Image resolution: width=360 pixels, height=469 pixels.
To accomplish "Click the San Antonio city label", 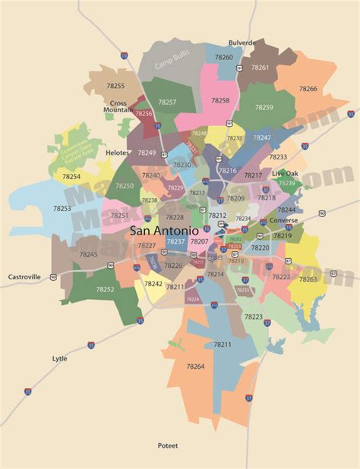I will pos(164,230).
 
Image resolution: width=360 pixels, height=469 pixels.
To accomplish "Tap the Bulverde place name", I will pos(242,43).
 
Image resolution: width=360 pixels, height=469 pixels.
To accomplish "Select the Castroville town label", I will pos(25,278).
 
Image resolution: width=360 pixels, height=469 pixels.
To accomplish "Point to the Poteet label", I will pos(169,445).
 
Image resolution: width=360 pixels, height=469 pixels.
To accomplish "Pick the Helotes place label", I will pos(118,152).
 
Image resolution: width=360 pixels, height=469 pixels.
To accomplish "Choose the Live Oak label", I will pos(286,174).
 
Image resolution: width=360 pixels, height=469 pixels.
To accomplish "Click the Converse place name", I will pos(283,221).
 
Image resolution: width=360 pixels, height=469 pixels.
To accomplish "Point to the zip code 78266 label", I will pos(308,89).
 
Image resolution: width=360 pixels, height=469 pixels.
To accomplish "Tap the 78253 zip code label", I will pos(62,208).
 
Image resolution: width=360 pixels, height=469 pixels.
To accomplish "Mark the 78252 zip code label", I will pos(105,289).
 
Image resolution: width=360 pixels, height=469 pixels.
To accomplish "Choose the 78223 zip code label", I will pos(253,316).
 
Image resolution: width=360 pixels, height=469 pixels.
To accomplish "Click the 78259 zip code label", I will pos(264,107).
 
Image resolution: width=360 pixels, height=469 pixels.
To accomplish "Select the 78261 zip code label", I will pos(260,67).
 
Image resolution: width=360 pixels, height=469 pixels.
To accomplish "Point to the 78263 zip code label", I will pos(308,279).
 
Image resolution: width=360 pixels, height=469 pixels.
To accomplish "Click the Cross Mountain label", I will pos(118,106).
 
